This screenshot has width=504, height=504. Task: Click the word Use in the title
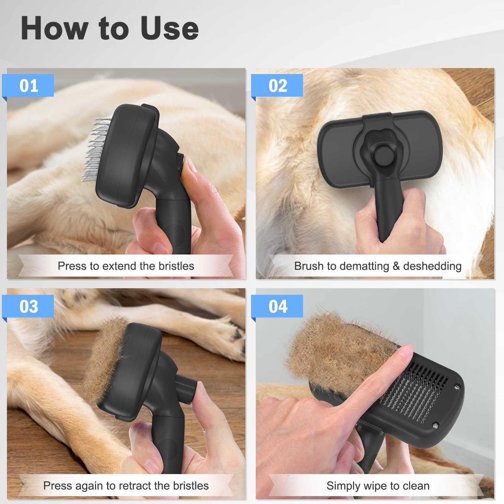click(x=169, y=28)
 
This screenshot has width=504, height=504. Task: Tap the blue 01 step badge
click(x=28, y=85)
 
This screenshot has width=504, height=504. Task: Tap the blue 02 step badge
click(x=278, y=85)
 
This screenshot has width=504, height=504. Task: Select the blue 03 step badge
click(x=28, y=306)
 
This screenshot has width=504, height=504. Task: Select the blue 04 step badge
click(x=278, y=306)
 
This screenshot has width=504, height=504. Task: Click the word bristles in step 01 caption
click(x=176, y=266)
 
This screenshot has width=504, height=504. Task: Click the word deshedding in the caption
click(x=432, y=266)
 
